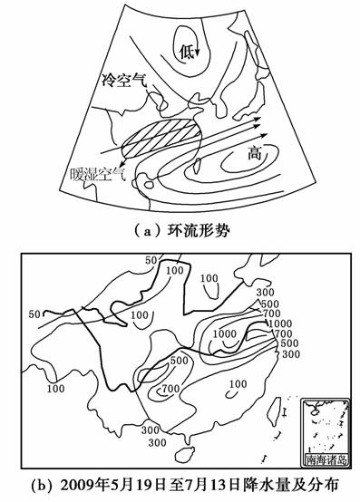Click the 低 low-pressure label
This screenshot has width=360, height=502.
pyautogui.click(x=186, y=53)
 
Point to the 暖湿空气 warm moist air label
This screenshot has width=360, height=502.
pyautogui.click(x=98, y=174)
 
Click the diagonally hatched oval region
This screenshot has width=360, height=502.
pyautogui.click(x=161, y=138)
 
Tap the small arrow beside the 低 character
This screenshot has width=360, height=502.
pyautogui.click(x=197, y=50)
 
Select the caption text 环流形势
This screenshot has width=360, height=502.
pyautogui.click(x=199, y=230)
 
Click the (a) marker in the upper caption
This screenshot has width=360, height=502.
pyautogui.click(x=146, y=230)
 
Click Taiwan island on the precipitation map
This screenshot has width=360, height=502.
pyautogui.click(x=274, y=411)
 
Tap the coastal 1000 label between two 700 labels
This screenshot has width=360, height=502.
pyautogui.click(x=280, y=323)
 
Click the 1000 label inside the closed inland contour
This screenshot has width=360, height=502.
pyautogui.click(x=225, y=334)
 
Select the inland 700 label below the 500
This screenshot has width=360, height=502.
pyautogui.click(x=170, y=389)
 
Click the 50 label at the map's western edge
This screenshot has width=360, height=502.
pyautogui.click(x=34, y=314)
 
